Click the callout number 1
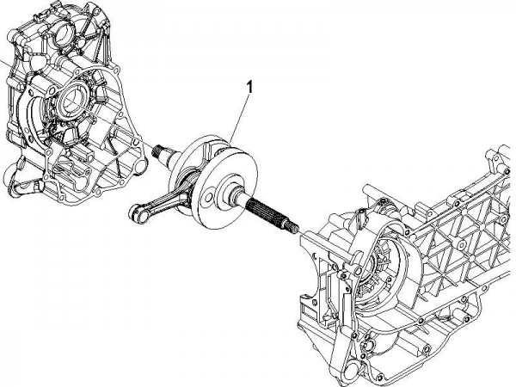coord(249,87)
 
